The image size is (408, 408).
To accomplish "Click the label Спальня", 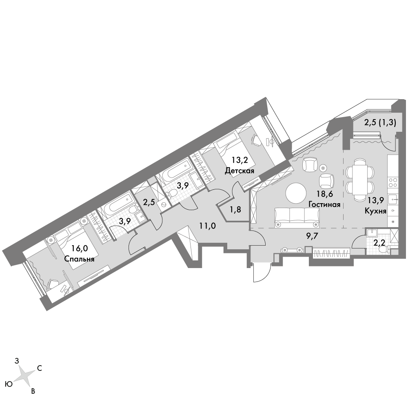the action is click(x=79, y=259).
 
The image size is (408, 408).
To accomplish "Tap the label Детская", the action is click(x=239, y=171).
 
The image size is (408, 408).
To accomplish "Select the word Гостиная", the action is click(x=324, y=204).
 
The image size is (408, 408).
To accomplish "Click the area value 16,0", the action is click(x=80, y=248).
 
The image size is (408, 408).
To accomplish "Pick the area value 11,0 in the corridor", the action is click(x=208, y=226).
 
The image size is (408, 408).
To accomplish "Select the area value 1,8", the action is click(x=235, y=210).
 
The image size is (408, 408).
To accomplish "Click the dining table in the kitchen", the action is click(x=360, y=179).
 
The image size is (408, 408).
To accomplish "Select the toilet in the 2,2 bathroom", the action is click(x=383, y=250).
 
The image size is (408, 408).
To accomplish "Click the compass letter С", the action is click(x=40, y=368).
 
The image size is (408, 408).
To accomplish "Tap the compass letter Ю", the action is click(x=9, y=384).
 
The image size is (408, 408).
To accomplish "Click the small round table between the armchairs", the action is click(x=323, y=168).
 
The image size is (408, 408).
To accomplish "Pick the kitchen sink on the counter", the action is click(x=392, y=200).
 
